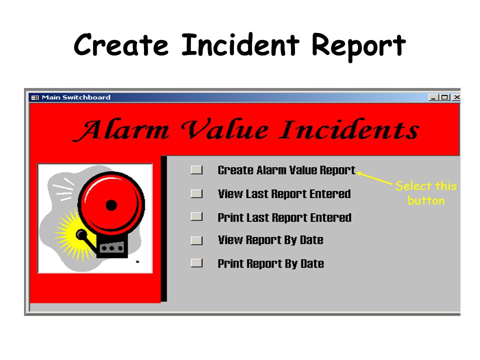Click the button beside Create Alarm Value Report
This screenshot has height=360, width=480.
click(x=196, y=170)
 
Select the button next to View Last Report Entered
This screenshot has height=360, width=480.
click(x=196, y=193)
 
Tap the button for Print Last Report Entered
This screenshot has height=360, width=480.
click(x=196, y=217)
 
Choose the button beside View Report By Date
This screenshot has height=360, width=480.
click(x=196, y=240)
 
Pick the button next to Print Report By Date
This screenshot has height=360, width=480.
click(x=196, y=263)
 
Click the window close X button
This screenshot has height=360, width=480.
click(x=456, y=97)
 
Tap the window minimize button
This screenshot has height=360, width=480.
click(x=433, y=97)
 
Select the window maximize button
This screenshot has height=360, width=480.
click(x=444, y=97)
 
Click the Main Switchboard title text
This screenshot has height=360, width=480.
click(x=76, y=97)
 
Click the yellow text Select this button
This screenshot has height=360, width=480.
click(x=425, y=193)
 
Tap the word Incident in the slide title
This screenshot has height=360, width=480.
click(x=239, y=45)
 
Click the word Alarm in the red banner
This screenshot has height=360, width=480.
click(x=122, y=130)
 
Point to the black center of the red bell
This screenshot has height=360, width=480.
click(x=111, y=204)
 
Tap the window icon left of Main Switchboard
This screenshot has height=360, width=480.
click(x=35, y=97)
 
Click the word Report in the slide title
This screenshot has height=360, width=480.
click(x=358, y=46)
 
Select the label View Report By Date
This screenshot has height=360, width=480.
click(x=270, y=240)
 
